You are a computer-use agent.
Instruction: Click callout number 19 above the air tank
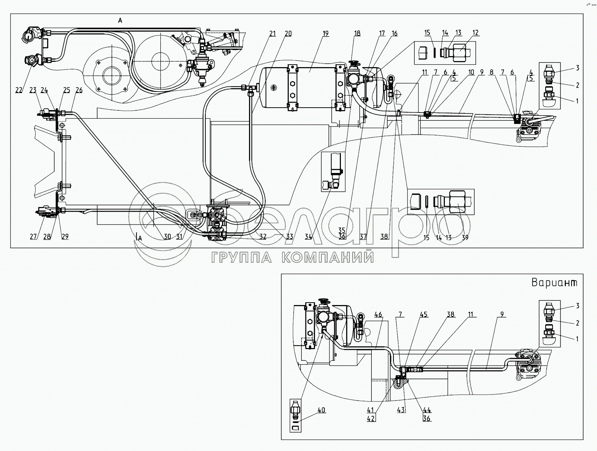(x=326, y=33)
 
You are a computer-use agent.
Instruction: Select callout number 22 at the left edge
(x=19, y=90)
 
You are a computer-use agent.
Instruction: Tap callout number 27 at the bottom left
(x=33, y=237)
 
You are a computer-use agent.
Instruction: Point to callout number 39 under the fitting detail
(x=465, y=238)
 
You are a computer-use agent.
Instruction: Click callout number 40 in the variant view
(x=321, y=410)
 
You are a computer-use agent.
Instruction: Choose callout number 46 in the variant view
(x=378, y=315)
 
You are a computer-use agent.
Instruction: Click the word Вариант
(x=554, y=283)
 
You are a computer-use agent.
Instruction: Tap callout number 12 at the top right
(x=475, y=33)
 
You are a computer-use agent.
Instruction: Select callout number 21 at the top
(x=272, y=33)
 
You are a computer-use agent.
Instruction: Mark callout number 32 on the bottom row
(x=262, y=237)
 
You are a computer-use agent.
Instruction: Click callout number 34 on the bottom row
(x=308, y=237)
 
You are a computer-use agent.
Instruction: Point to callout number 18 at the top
(x=357, y=33)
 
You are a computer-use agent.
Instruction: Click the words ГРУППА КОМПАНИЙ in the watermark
(x=292, y=257)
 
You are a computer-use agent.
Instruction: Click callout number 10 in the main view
(x=471, y=72)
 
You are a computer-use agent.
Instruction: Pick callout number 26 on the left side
(x=79, y=90)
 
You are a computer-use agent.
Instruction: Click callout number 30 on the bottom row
(x=167, y=237)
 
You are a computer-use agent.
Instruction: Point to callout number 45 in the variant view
(x=424, y=315)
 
